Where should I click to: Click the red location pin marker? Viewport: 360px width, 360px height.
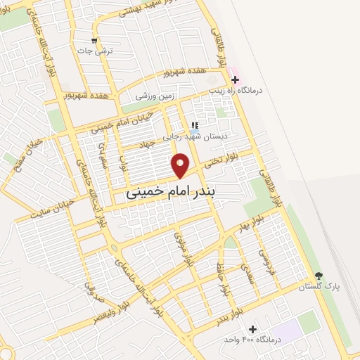point(181,165)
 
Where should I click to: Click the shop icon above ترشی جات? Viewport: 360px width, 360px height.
point(94,40)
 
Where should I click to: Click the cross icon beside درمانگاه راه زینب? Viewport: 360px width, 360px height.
point(235,80)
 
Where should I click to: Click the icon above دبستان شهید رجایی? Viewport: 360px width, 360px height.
point(194,125)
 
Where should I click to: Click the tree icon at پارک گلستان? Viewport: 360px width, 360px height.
point(319,276)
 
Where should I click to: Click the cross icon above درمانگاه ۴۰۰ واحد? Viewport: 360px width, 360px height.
point(252,329)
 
